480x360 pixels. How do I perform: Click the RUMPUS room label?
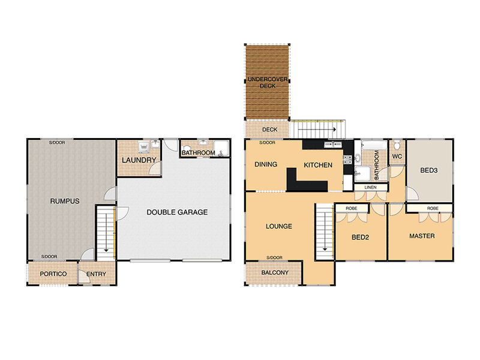click(x=65, y=201)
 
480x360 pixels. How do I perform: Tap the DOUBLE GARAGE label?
click(x=177, y=212)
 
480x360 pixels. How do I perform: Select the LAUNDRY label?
click(x=139, y=160)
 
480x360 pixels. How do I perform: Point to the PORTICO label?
click(x=53, y=274)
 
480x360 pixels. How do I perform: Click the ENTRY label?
click(x=96, y=274)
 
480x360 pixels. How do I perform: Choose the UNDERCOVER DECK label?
click(x=268, y=83)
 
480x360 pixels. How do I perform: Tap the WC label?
click(x=397, y=157)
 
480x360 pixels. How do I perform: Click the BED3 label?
click(x=428, y=170)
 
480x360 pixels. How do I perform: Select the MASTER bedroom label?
click(x=422, y=236)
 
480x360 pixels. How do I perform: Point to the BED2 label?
click(x=361, y=237)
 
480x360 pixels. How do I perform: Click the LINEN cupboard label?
click(x=370, y=187)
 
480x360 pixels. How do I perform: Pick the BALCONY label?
click(x=275, y=272)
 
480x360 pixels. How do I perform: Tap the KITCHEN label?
click(x=318, y=165)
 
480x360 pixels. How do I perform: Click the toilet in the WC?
click(x=397, y=145)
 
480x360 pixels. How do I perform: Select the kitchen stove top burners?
click(x=347, y=159)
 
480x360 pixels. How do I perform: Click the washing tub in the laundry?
click(x=143, y=147)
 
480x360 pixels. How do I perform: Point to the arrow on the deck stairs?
click(x=317, y=130)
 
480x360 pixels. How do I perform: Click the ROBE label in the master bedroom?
click(x=433, y=208)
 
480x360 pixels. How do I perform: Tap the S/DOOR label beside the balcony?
click(x=274, y=258)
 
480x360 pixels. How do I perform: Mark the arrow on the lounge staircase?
click(x=325, y=232)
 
